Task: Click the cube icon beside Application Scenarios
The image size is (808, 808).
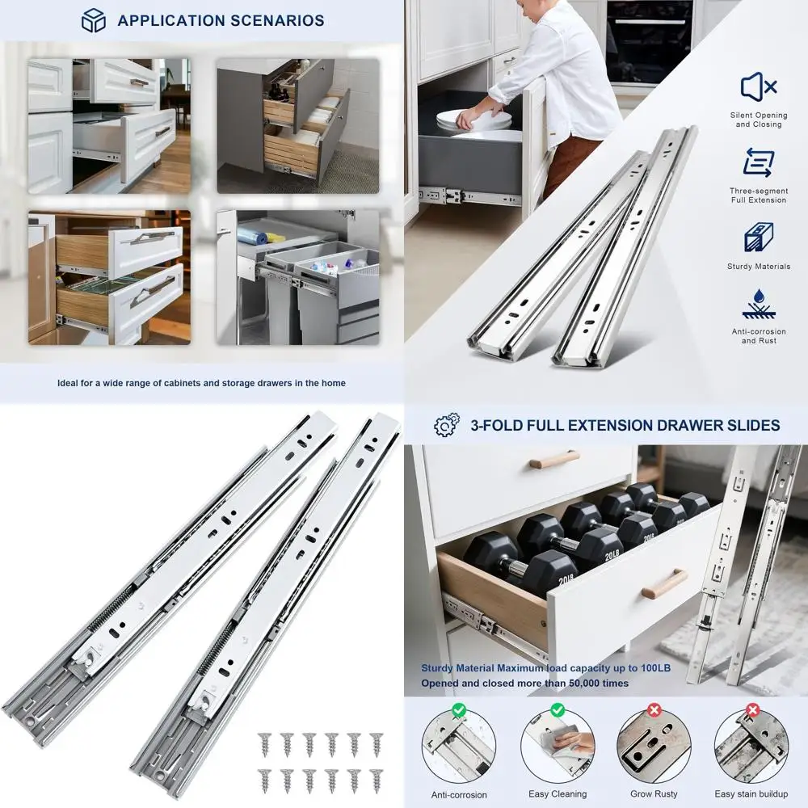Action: tap(94, 20)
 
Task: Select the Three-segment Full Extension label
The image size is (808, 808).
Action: tap(758, 196)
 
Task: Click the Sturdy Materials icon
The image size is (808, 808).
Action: tap(758, 238)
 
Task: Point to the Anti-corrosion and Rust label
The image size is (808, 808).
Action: tap(758, 336)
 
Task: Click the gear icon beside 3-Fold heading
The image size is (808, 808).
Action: tap(446, 425)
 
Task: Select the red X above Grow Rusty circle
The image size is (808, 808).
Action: tap(654, 710)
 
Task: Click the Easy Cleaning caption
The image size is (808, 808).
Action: tap(557, 793)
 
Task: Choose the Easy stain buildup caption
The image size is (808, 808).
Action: tap(751, 793)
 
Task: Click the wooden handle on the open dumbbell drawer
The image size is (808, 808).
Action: tap(664, 583)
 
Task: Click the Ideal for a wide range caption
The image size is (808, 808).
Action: tap(201, 383)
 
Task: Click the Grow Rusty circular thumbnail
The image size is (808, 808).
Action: tap(654, 747)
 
